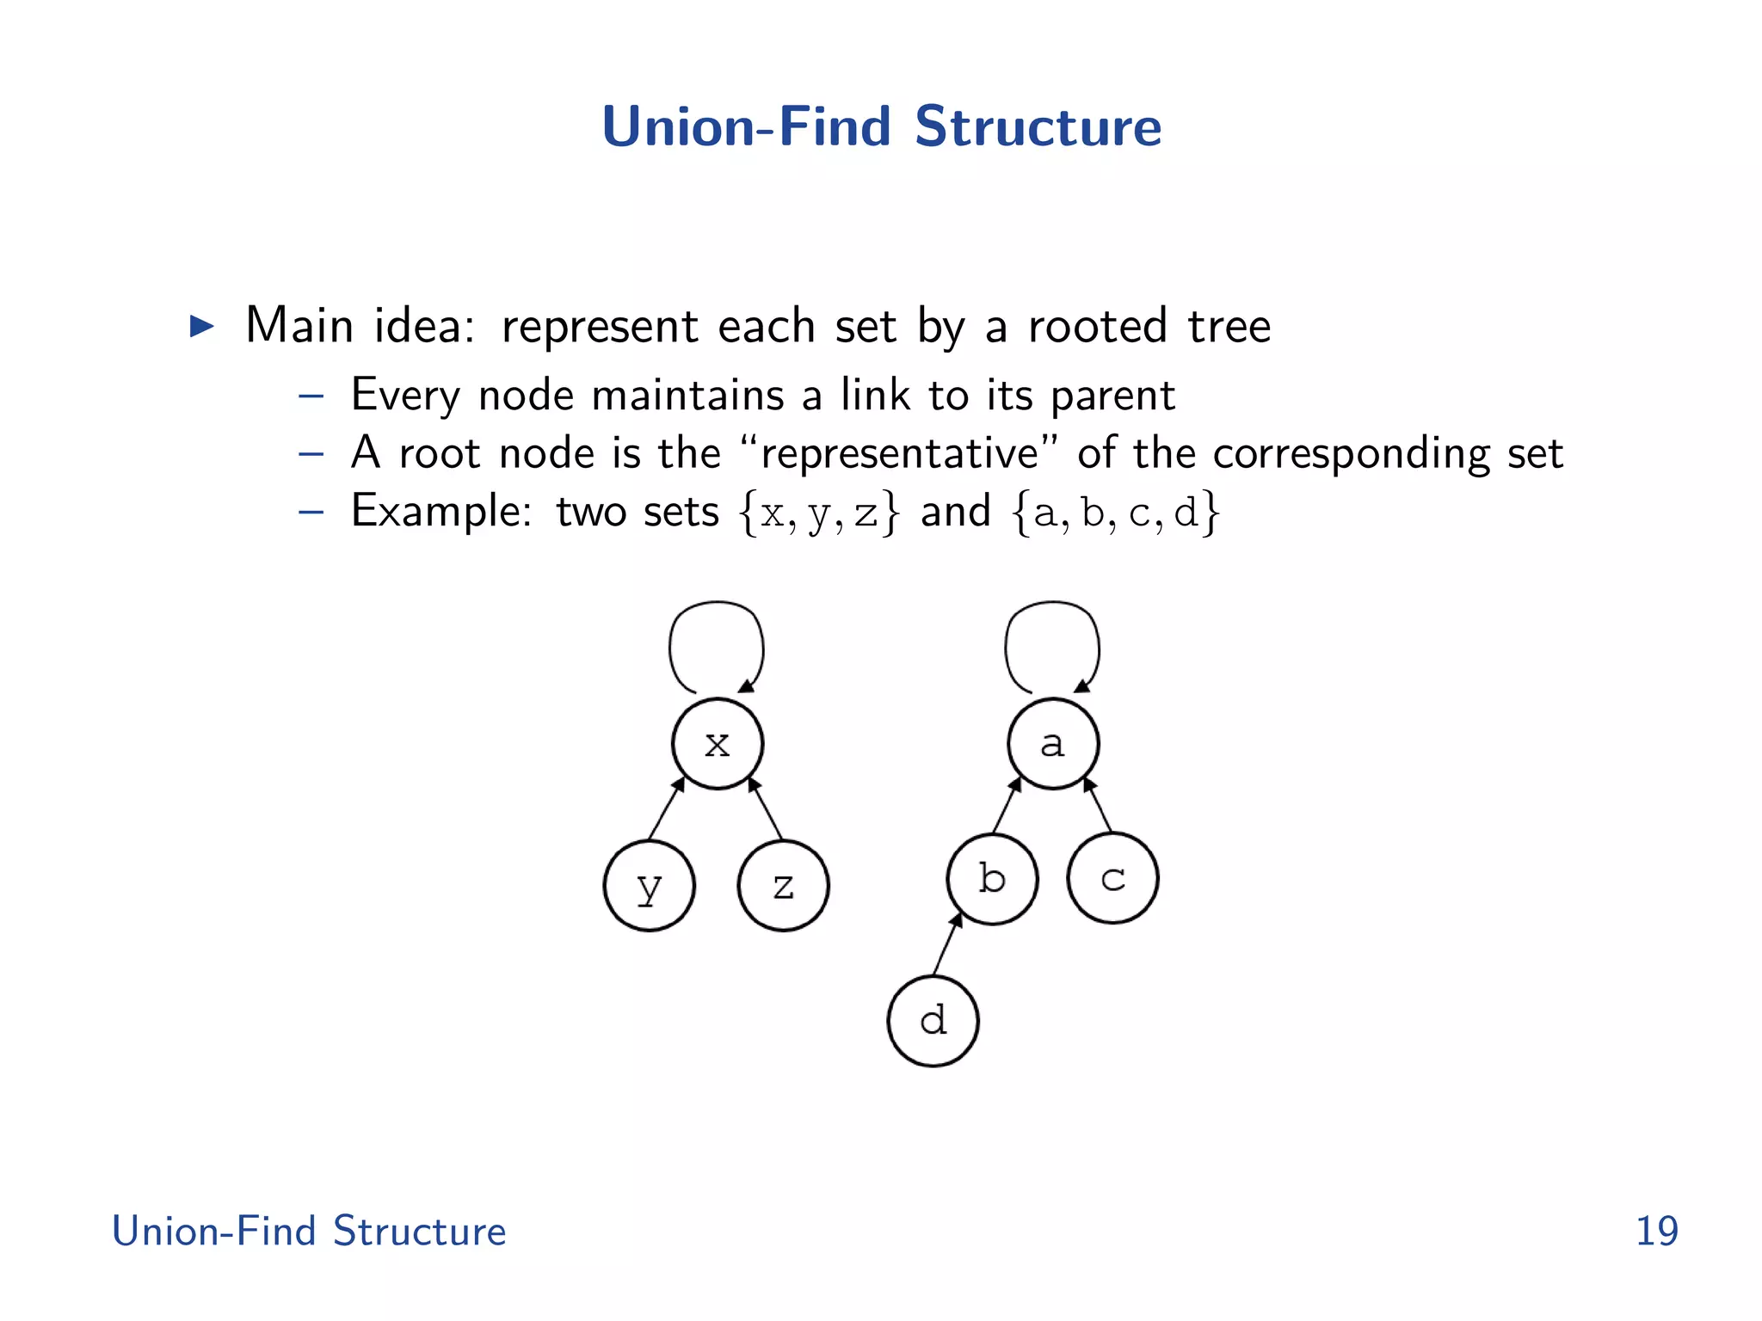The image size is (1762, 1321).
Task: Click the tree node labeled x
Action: (717, 744)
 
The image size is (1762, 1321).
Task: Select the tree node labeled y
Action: (649, 886)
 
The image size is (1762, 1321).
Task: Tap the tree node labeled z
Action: (783, 886)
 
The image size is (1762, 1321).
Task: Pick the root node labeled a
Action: (1052, 744)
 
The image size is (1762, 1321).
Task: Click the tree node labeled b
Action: (992, 879)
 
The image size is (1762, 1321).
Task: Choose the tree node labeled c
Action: (1112, 879)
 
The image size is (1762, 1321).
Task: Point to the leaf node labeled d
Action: (933, 1021)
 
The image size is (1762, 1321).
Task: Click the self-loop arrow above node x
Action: (717, 605)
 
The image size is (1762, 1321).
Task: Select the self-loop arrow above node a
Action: (1052, 605)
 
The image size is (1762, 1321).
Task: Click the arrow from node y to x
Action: (666, 808)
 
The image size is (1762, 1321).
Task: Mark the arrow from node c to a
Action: (1099, 804)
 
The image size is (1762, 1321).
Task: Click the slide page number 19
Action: (1656, 1232)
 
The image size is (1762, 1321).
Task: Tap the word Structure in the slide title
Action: (1038, 127)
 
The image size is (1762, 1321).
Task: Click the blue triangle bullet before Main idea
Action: (201, 326)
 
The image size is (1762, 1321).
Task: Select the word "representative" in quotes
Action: (900, 454)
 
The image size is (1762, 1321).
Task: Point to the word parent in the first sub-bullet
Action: (1112, 396)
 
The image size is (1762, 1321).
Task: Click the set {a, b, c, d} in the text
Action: (1116, 513)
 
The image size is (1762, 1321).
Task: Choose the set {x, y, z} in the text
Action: (819, 513)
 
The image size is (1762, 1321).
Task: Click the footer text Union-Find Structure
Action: (309, 1232)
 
